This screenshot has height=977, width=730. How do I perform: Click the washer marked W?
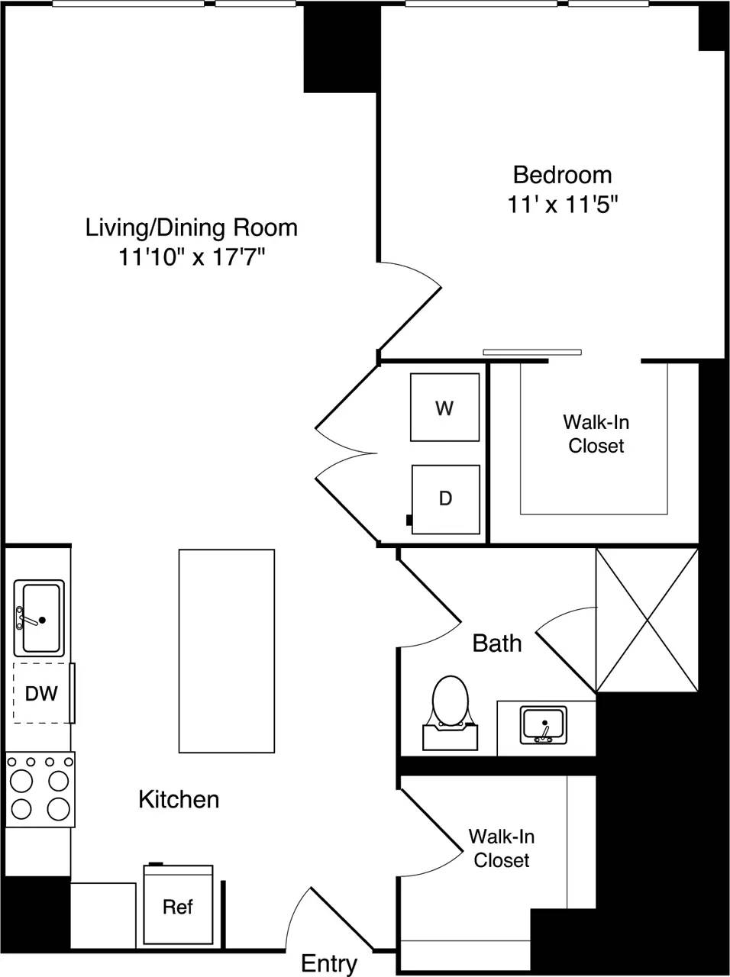click(444, 408)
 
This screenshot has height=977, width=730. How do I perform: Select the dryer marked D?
click(445, 499)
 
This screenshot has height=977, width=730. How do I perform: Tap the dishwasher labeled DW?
click(42, 693)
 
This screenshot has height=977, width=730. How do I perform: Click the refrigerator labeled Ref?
click(178, 906)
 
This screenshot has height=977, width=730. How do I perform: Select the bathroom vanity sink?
click(544, 725)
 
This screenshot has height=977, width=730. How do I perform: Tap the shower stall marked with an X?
click(647, 620)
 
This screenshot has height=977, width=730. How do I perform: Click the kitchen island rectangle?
click(226, 650)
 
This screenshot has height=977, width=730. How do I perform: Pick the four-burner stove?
click(40, 789)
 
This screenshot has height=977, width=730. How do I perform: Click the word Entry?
click(329, 963)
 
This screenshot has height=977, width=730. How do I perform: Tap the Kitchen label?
click(179, 799)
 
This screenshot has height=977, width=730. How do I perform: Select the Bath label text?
click(497, 643)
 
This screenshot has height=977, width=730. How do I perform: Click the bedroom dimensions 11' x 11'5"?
click(561, 205)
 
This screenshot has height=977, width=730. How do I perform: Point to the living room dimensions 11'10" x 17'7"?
click(191, 258)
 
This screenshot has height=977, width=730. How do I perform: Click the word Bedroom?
click(562, 175)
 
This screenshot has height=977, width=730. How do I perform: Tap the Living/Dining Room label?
click(191, 227)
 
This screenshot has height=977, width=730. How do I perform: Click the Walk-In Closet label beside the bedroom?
click(596, 434)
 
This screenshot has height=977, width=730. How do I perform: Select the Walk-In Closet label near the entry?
click(501, 848)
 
